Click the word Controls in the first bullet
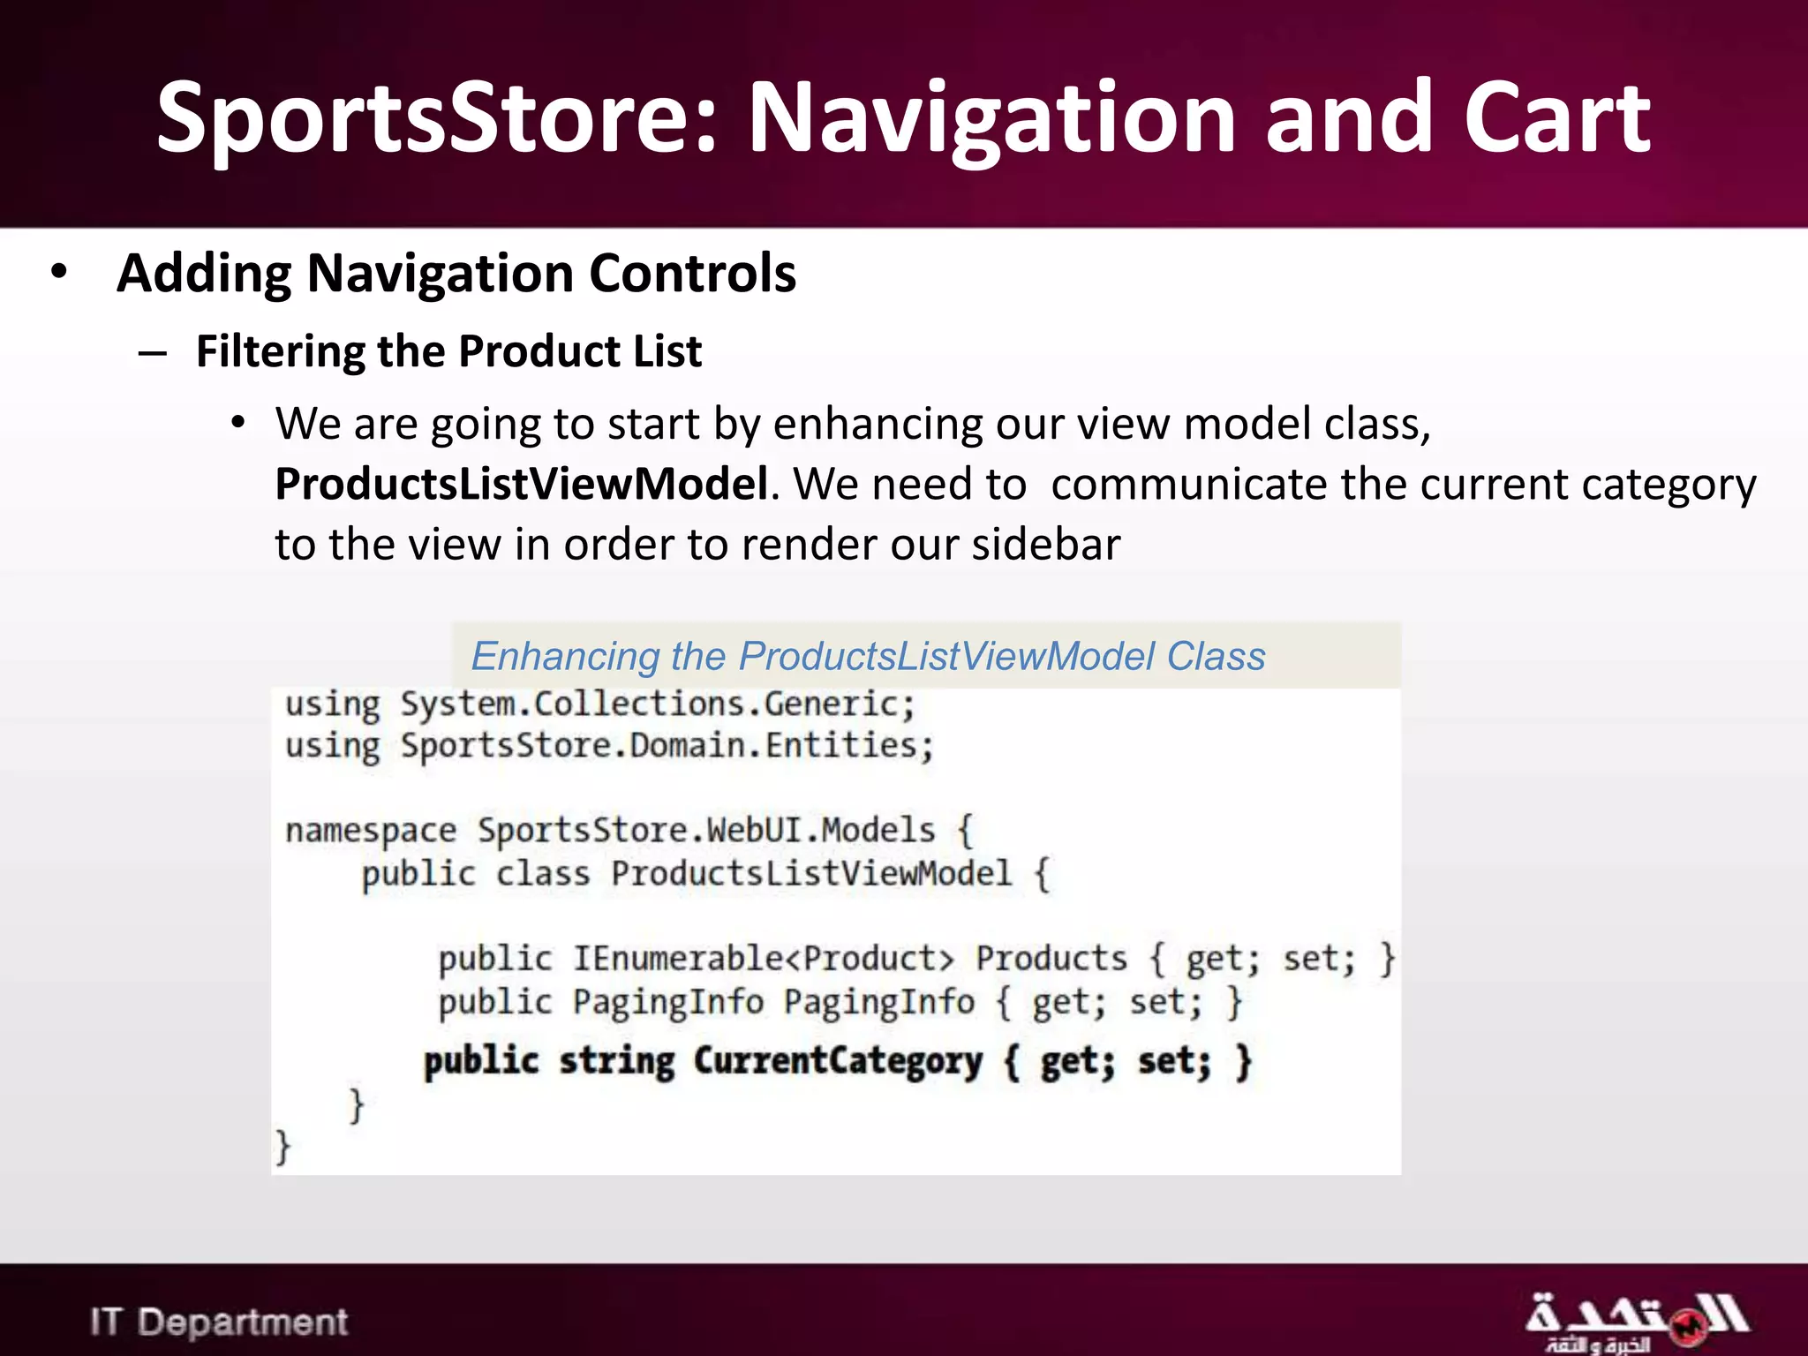pyautogui.click(x=692, y=273)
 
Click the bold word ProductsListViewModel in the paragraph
pyautogui.click(x=521, y=484)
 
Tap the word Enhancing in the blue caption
pyautogui.click(x=565, y=657)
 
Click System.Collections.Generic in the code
pyautogui.click(x=657, y=704)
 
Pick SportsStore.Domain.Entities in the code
pyautogui.click(x=666, y=746)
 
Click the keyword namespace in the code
pyautogui.click(x=371, y=832)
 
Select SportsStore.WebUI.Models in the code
pyautogui.click(x=705, y=831)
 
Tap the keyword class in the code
pyautogui.click(x=542, y=874)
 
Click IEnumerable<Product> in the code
pyautogui.click(x=764, y=959)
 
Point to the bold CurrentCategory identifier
pyautogui.click(x=837, y=1061)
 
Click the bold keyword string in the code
pyautogui.click(x=616, y=1061)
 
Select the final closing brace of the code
pyautogui.click(x=282, y=1147)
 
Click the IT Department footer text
pyautogui.click(x=219, y=1322)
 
